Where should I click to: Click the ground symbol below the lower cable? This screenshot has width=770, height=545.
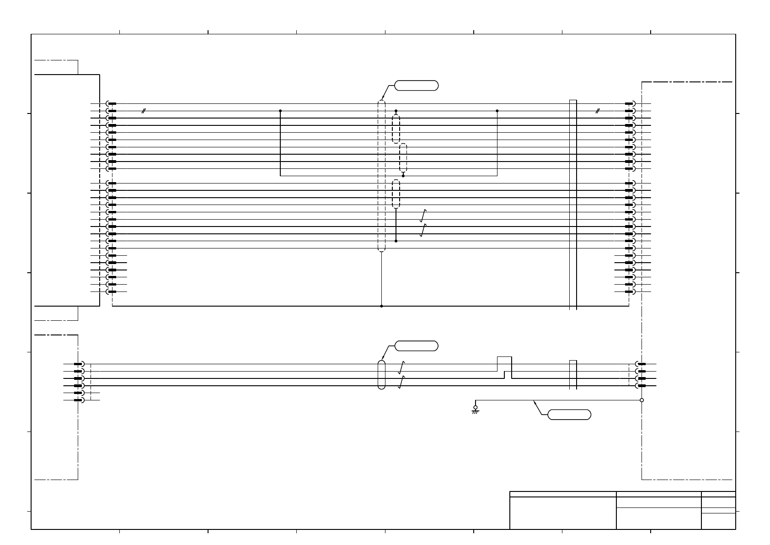pyautogui.click(x=475, y=410)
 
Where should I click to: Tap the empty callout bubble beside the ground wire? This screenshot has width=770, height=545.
pyautogui.click(x=569, y=415)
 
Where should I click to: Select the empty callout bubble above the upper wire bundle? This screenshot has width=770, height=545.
pyautogui.click(x=416, y=86)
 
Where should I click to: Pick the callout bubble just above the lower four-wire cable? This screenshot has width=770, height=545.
pyautogui.click(x=416, y=345)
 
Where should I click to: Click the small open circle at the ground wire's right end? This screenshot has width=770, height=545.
pyautogui.click(x=642, y=400)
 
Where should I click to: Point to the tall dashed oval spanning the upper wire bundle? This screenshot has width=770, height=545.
pyautogui.click(x=381, y=176)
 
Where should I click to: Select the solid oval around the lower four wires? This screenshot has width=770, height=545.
pyautogui.click(x=381, y=375)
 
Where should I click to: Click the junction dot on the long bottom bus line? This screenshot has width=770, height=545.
pyautogui.click(x=381, y=306)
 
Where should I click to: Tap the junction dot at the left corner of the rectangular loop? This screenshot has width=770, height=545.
pyautogui.click(x=280, y=111)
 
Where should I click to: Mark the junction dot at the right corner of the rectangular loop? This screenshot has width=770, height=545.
pyautogui.click(x=497, y=111)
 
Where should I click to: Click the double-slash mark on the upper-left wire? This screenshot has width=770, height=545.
pyautogui.click(x=144, y=111)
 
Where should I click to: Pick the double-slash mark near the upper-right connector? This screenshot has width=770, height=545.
pyautogui.click(x=597, y=111)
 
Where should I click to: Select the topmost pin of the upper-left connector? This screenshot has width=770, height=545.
pyautogui.click(x=112, y=104)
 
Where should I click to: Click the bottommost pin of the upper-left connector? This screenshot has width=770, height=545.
pyautogui.click(x=112, y=291)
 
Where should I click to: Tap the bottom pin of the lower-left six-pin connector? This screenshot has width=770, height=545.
pyautogui.click(x=79, y=400)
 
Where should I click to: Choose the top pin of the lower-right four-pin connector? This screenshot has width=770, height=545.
pyautogui.click(x=641, y=364)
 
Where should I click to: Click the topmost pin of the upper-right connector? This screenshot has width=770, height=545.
pyautogui.click(x=629, y=104)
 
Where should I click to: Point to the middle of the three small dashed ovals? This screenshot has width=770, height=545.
pyautogui.click(x=403, y=158)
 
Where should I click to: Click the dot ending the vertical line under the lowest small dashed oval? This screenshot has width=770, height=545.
pyautogui.click(x=396, y=241)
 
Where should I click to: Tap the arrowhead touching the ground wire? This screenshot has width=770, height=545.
pyautogui.click(x=535, y=402)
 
